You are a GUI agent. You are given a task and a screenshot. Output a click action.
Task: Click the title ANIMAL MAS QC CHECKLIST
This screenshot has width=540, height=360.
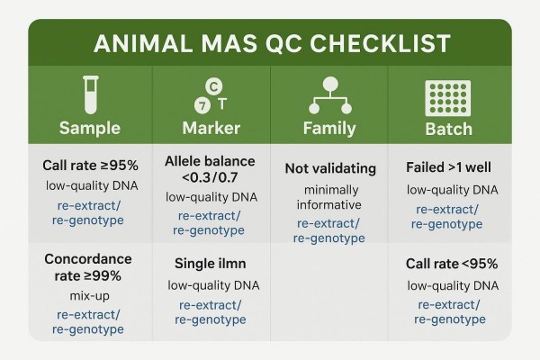tap(270, 43)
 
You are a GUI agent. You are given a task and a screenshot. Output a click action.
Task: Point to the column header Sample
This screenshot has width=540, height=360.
tap(89, 128)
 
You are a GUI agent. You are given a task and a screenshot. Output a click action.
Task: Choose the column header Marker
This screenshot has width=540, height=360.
tap(211, 128)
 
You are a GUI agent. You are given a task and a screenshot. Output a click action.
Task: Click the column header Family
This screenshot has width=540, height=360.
tap(329, 128)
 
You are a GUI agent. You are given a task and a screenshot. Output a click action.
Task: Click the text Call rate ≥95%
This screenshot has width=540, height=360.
tap(89, 166)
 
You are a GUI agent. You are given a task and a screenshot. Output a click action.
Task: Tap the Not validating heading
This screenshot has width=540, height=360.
tap(329, 168)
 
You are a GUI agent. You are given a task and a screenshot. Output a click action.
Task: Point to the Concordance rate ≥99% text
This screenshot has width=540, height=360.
tap(89, 267)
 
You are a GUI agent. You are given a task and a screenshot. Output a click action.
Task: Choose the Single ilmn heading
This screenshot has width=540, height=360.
tap(211, 264)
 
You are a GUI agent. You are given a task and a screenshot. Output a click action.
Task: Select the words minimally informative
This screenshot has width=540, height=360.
tap(329, 197)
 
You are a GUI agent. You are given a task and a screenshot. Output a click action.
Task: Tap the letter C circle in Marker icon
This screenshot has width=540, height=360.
tap(213, 85)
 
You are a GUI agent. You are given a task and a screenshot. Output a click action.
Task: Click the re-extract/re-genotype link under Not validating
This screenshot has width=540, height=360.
tap(329, 230)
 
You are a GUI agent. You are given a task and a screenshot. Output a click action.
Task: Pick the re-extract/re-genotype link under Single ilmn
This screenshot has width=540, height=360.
tap(211, 312)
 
